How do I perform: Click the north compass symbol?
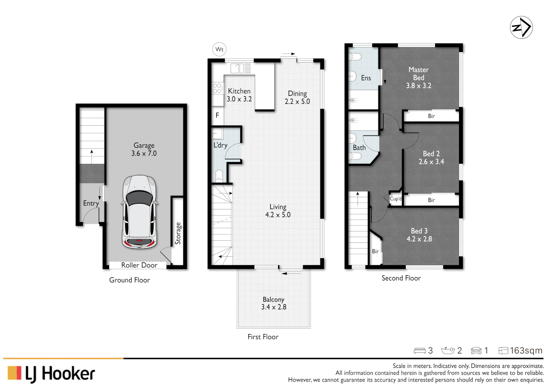pos(521,27)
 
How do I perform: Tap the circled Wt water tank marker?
pos(219,50)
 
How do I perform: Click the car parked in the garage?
pos(140,212)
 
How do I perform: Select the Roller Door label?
pos(139,265)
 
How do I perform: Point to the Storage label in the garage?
pos(178,234)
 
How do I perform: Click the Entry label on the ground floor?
pos(91,203)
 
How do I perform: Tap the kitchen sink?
pos(237,68)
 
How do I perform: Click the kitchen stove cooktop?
pos(217,88)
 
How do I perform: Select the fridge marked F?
pos(217,115)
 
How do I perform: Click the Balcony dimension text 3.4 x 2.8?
pos(274,307)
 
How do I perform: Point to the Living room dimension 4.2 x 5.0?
pos(278,215)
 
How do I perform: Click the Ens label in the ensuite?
pos(366,78)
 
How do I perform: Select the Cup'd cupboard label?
pos(396,199)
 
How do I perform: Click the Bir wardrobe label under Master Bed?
pos(431,116)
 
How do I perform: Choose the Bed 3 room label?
pos(419,231)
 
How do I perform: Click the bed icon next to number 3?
pos(420,351)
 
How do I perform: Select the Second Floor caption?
pos(401,278)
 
